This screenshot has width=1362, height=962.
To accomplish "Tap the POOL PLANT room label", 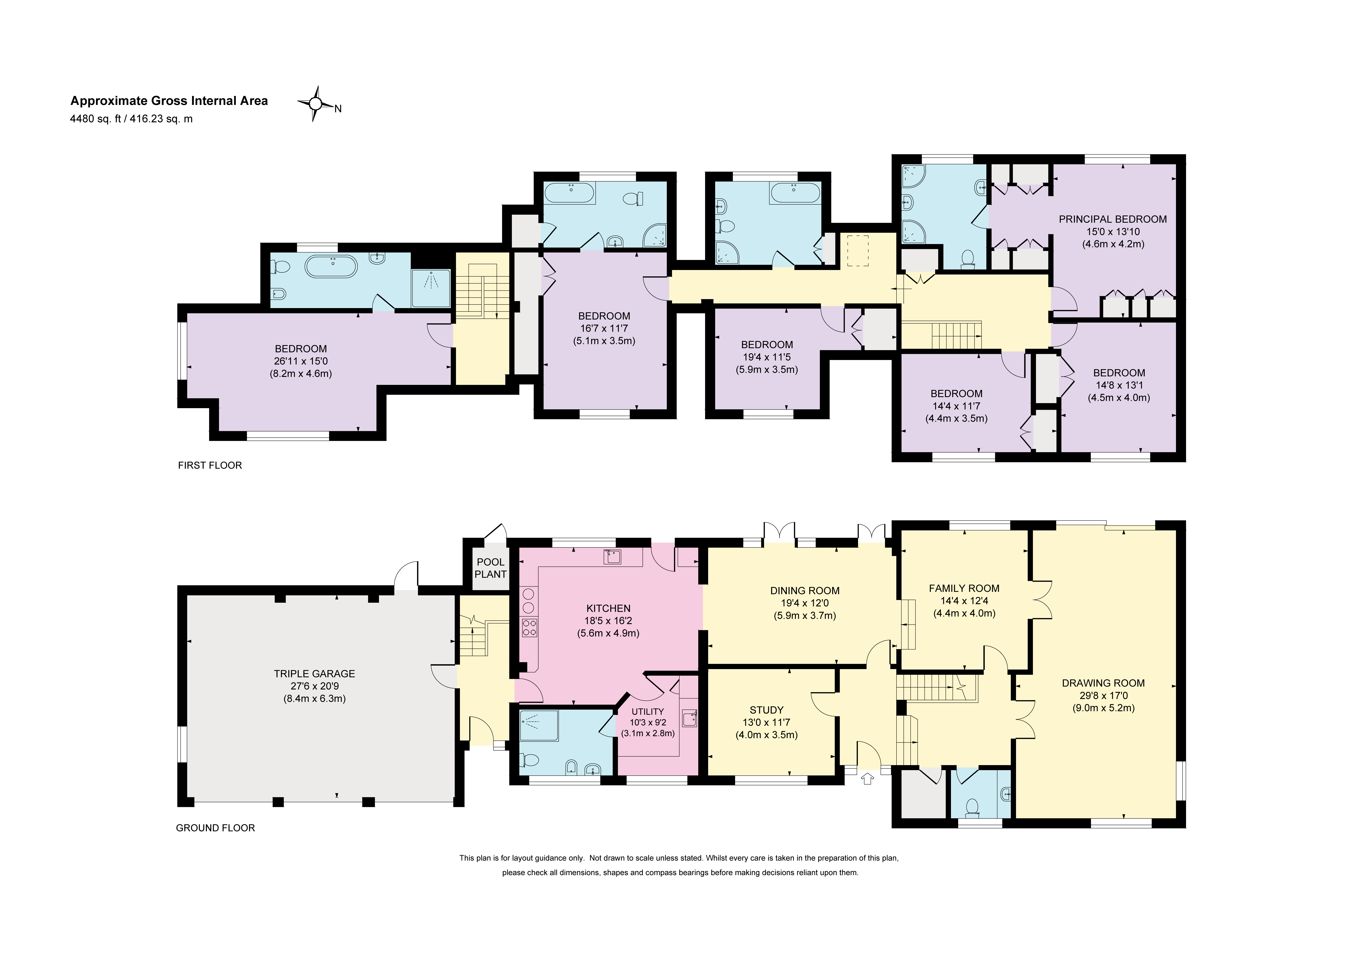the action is (491, 568).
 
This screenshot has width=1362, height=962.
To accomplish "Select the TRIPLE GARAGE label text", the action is (314, 674).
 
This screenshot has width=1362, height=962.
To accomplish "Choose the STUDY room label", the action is (766, 710).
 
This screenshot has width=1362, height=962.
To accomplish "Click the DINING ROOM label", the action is (805, 591).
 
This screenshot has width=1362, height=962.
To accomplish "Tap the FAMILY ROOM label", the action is (964, 588).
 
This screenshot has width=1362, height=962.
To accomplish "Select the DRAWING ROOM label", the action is (1103, 683).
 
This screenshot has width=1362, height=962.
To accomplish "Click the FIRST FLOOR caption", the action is (210, 466).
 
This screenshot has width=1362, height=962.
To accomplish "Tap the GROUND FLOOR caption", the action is (215, 828).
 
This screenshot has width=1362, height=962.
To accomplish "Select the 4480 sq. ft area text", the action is (95, 119).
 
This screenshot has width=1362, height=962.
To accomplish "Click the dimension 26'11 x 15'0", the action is (301, 361).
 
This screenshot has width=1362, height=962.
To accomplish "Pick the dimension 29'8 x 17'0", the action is (1103, 696).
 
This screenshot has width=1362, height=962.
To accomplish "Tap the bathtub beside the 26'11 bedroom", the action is (332, 267).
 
